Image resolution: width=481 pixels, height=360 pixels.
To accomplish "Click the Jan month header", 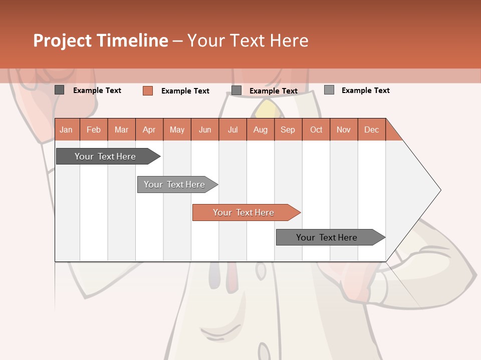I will click(x=67, y=129).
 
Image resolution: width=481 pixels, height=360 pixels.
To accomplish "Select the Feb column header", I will click(x=94, y=129).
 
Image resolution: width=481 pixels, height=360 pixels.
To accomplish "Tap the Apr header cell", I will click(x=149, y=129).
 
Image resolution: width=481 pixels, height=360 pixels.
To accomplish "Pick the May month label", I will click(x=177, y=129).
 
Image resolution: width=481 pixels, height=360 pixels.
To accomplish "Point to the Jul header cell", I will click(x=232, y=129).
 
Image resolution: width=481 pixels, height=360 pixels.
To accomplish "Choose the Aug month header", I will click(x=261, y=129).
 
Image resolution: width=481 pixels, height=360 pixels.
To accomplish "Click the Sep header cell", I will click(x=288, y=129).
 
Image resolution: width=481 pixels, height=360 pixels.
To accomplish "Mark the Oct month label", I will click(x=316, y=129).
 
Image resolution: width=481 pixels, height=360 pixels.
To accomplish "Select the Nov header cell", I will click(x=344, y=129).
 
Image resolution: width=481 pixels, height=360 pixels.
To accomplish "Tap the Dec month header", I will click(x=372, y=129).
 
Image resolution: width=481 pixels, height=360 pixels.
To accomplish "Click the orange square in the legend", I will click(x=148, y=90).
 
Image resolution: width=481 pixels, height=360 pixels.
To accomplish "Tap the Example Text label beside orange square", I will click(x=185, y=91).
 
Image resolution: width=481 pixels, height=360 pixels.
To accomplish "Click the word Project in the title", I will click(x=63, y=40).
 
